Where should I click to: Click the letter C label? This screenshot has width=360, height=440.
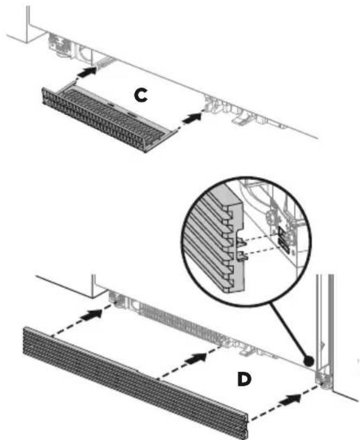pyautogui.click(x=140, y=95)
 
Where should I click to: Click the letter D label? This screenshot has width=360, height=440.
pyautogui.click(x=244, y=379)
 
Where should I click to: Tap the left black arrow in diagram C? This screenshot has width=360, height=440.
pyautogui.click(x=87, y=71)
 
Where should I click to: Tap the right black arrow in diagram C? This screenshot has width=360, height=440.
pyautogui.click(x=192, y=117)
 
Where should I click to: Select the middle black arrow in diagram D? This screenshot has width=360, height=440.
pyautogui.click(x=195, y=358)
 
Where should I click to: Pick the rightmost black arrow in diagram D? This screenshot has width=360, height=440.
pyautogui.click(x=290, y=399)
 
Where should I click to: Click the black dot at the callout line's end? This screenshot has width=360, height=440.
pyautogui.click(x=308, y=361)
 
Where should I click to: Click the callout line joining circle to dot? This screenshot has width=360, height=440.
pyautogui.click(x=289, y=331)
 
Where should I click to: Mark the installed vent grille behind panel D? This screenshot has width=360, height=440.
pyautogui.click(x=182, y=322)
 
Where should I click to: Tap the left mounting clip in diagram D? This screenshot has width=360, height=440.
pyautogui.click(x=116, y=298)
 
